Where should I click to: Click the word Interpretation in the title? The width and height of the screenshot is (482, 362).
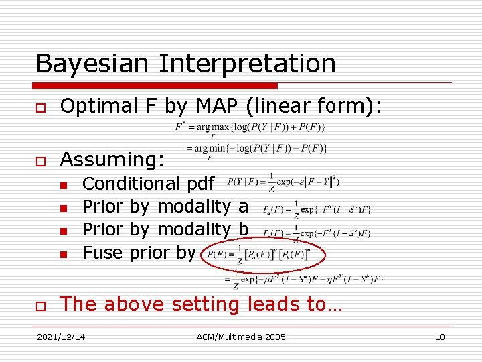tap(247, 64)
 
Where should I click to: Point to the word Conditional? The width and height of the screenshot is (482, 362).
tap(131, 184)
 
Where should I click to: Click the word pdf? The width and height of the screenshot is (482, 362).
tap(200, 184)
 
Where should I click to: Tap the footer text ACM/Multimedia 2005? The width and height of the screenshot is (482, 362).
tap(241, 337)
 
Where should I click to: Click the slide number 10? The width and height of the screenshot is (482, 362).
tap(440, 337)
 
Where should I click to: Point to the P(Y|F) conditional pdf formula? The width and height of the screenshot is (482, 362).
tap(284, 182)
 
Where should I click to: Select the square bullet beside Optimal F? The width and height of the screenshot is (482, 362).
tap(41, 107)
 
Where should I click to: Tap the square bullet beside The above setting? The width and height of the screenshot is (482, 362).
tap(41, 305)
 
